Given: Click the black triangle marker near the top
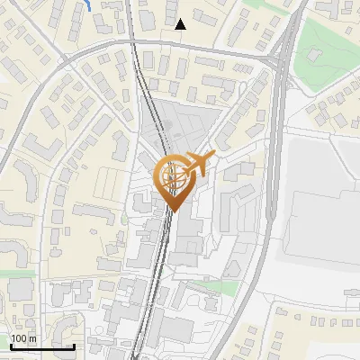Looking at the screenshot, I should click(x=180, y=24).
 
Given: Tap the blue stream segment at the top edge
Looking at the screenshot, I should click(x=86, y=4).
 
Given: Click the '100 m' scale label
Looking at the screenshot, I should click(x=23, y=338).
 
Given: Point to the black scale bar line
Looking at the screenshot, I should click(x=42, y=346).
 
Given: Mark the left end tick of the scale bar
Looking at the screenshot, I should click(x=11, y=344).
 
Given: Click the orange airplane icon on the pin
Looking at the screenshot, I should click(x=199, y=165).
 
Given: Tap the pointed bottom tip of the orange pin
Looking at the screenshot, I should click(x=172, y=211).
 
